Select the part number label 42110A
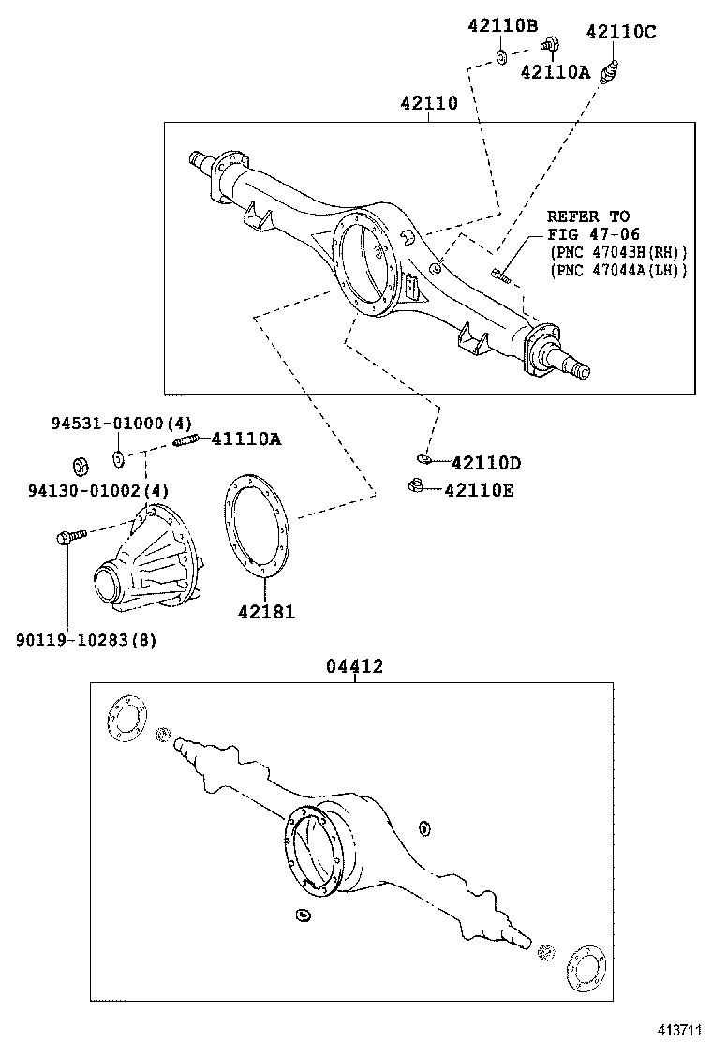point(555,72)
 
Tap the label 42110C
point(621,32)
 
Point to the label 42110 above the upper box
point(429,103)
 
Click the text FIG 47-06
point(594,234)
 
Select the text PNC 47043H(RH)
point(618,252)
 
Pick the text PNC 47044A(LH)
point(618,270)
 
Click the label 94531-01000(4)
point(121,424)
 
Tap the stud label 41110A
point(245,439)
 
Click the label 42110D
point(485,463)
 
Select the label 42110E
point(479,490)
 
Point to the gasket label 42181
point(266,612)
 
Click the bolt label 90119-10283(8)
point(86,640)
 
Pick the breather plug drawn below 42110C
point(612,69)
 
